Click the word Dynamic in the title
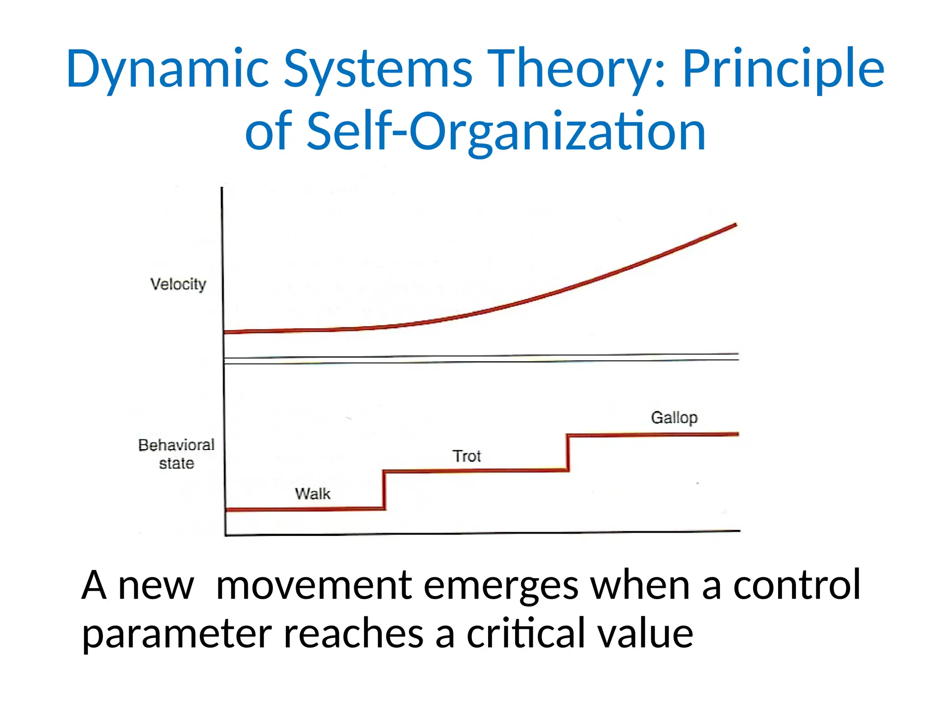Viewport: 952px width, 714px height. tap(167, 70)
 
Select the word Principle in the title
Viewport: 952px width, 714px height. tap(783, 70)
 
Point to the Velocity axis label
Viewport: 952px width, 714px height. tap(178, 284)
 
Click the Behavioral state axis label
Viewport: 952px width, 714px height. tap(176, 454)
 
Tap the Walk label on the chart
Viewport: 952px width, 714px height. tap(312, 493)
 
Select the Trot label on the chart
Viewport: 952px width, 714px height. tap(466, 456)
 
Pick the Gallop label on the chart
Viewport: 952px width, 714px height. tap(674, 417)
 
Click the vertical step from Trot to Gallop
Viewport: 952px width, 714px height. tap(568, 453)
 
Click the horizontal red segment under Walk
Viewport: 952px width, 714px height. tap(304, 509)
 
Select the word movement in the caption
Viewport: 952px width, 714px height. tap(314, 586)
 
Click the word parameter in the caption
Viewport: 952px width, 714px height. tap(177, 635)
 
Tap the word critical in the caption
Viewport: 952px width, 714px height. tap(526, 634)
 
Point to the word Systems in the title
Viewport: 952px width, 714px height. tap(377, 70)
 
